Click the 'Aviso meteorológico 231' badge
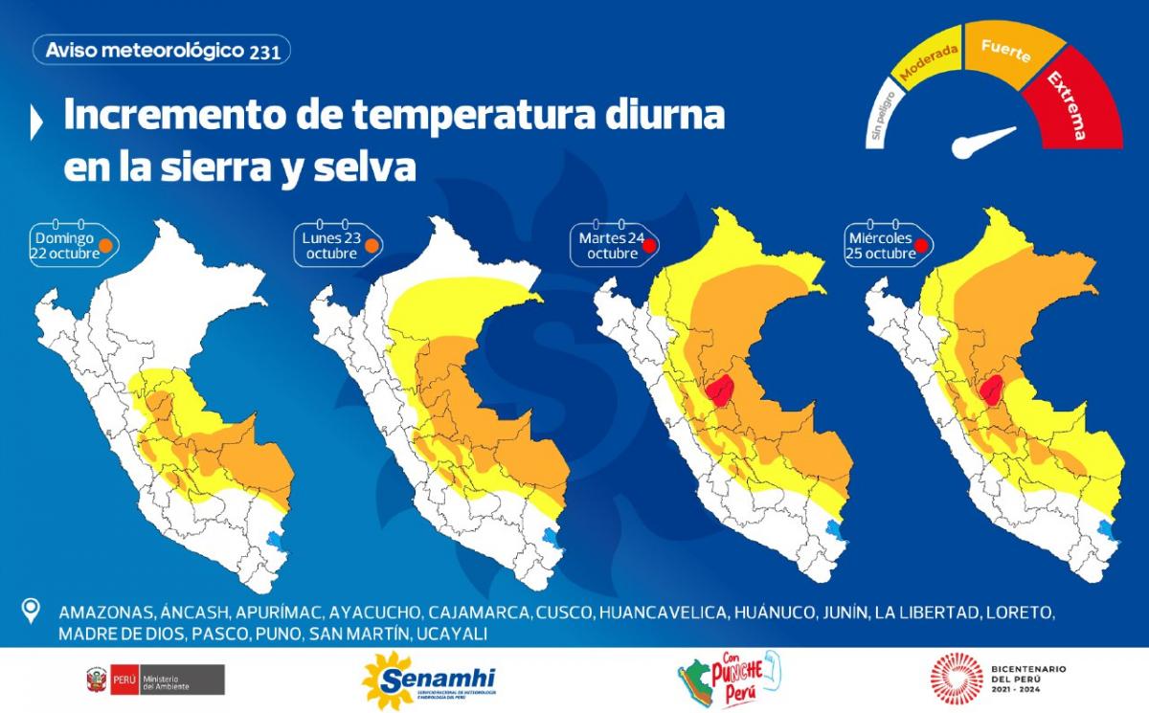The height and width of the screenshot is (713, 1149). [x=162, y=51]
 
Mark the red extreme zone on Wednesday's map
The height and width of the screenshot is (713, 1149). [x=992, y=390]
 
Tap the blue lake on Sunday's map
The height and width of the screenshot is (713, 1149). [x=276, y=542]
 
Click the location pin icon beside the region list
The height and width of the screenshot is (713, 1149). [x=32, y=610]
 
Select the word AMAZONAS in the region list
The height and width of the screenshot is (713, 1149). [x=102, y=613]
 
